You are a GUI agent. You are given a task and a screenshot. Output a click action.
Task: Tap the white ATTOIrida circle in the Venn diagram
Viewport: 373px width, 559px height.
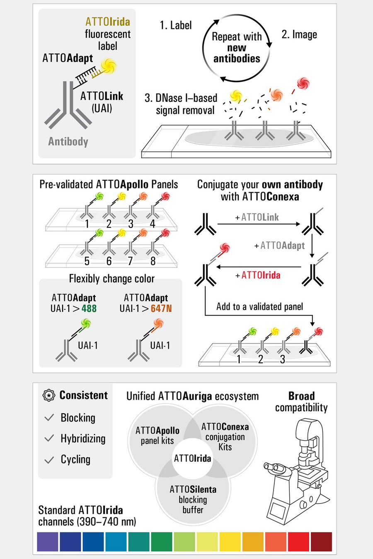(192, 458)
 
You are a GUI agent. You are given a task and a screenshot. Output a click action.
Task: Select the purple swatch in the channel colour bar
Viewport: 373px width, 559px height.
(48, 542)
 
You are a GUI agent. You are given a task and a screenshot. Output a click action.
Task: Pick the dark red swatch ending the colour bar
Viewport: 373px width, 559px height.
(321, 542)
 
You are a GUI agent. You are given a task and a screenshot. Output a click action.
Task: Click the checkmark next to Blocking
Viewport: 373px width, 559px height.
(49, 417)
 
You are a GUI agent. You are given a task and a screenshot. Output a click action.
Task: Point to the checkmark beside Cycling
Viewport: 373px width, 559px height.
(49, 460)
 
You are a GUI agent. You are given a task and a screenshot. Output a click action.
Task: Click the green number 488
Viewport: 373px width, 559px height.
(89, 308)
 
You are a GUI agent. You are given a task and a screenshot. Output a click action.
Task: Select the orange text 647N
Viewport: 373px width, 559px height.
(161, 308)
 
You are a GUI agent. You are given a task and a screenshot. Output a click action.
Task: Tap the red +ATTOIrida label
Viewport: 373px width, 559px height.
(258, 275)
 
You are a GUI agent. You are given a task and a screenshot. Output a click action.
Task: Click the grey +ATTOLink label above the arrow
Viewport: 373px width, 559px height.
(257, 217)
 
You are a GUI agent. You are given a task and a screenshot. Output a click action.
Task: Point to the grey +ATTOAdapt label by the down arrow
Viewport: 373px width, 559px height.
(280, 246)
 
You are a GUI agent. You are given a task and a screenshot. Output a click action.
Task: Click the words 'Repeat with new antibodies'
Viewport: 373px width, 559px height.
(237, 48)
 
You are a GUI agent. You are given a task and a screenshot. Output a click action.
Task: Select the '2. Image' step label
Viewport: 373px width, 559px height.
(299, 34)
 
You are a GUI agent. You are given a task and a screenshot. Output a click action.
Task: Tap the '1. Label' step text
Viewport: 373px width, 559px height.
(176, 25)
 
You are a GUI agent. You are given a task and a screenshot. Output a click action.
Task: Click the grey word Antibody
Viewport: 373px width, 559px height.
(68, 142)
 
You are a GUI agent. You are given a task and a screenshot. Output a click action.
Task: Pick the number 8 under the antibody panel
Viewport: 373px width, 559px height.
(153, 261)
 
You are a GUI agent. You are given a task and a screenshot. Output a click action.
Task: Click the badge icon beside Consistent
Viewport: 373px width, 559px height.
(49, 395)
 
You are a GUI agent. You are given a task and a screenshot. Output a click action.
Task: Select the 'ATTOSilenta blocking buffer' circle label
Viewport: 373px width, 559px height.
(193, 499)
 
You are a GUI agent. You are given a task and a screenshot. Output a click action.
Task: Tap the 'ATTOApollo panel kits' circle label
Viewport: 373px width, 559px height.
(157, 436)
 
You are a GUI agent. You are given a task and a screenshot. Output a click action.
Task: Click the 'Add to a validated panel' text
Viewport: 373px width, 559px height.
(259, 307)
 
